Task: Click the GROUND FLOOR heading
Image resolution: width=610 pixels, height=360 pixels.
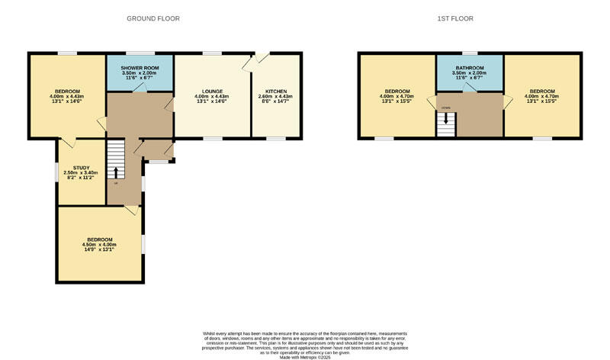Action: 153,18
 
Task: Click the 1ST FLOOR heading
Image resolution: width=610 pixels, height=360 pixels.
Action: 468,18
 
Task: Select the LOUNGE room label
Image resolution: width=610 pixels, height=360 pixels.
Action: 212,92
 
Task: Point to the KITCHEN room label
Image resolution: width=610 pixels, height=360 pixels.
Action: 275,92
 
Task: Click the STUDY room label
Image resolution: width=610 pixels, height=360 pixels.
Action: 82,168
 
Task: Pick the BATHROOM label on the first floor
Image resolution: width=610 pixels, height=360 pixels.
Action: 469,68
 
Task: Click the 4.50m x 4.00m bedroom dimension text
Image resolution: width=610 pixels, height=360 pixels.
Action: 98,244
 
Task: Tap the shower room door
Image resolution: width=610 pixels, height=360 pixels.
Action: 140,88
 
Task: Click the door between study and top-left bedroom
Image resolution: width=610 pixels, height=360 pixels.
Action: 69,143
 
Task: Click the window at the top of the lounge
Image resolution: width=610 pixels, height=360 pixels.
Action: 212,53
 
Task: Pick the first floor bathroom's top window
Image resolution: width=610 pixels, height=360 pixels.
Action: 469,53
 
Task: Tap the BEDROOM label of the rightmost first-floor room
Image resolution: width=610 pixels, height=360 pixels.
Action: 543,92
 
